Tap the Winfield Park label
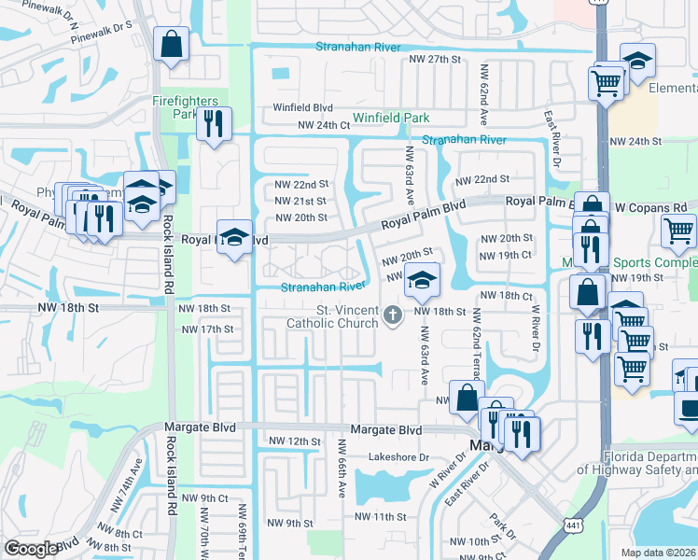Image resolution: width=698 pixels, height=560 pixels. click(391, 119)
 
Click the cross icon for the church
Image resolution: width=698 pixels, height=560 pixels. click(393, 316)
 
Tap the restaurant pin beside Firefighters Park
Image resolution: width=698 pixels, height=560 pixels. click(214, 124)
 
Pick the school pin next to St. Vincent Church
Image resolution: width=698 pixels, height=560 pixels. click(422, 279)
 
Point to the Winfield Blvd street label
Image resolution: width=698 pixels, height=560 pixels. click(303, 107)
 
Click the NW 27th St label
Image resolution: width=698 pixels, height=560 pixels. click(436, 59)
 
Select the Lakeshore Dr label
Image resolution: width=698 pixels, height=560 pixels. click(398, 457)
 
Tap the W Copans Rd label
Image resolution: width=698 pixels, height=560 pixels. click(649, 206)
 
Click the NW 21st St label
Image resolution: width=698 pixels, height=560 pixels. click(300, 201)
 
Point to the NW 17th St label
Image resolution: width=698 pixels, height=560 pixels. click(207, 329)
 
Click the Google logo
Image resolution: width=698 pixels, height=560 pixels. click(32, 549)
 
